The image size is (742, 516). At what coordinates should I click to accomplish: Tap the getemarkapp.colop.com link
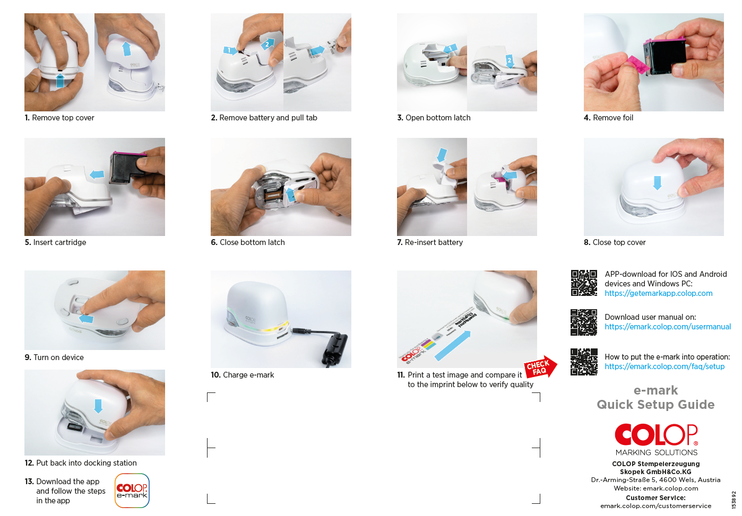[x=659, y=293]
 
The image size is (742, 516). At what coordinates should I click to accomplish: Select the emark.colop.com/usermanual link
[x=668, y=327]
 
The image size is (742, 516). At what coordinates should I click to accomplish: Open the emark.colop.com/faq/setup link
[x=665, y=366]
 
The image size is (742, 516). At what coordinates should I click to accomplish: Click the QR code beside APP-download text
[x=584, y=283]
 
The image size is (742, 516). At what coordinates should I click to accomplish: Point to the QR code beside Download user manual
[x=584, y=322]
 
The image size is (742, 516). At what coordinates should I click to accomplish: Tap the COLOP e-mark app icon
[x=132, y=491]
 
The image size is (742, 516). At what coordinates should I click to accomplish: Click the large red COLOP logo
[x=656, y=434]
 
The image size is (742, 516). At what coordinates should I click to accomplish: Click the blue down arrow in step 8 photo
[x=657, y=183]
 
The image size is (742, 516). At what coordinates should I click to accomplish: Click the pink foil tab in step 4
[x=637, y=64]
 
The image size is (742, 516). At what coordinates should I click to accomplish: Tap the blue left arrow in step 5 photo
[x=97, y=174]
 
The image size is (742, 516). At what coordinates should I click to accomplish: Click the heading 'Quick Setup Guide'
[x=655, y=405]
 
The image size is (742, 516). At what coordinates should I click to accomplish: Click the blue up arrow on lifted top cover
[x=126, y=49]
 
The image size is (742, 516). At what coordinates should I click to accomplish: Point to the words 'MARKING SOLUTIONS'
[x=656, y=452]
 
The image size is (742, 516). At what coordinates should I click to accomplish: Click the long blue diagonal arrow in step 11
[x=453, y=346]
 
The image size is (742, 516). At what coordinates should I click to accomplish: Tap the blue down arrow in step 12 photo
[x=98, y=406]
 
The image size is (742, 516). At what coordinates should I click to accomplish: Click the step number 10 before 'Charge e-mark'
[x=215, y=375]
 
